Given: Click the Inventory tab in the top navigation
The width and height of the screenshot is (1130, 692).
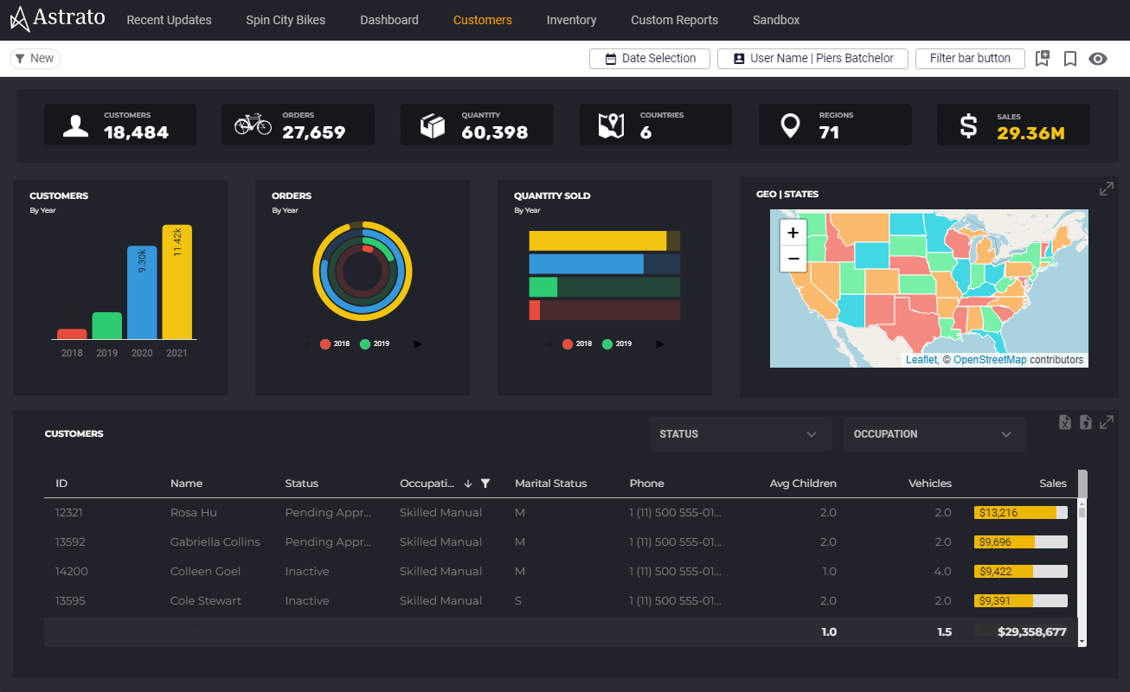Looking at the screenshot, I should pyautogui.click(x=571, y=20).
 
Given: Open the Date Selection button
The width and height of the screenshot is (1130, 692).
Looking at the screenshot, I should pyautogui.click(x=649, y=58).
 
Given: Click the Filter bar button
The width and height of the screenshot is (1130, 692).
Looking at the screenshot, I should pyautogui.click(x=969, y=58).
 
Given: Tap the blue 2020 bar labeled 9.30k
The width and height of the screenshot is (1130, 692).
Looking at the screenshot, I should pyautogui.click(x=142, y=292).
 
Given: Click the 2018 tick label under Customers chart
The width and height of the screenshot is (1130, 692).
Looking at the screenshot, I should pyautogui.click(x=72, y=353).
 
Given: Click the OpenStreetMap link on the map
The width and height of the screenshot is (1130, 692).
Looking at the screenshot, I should pyautogui.click(x=990, y=360).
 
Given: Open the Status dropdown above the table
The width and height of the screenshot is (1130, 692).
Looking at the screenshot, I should pyautogui.click(x=740, y=434).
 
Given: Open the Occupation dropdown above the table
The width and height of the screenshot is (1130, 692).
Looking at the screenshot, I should pyautogui.click(x=934, y=434).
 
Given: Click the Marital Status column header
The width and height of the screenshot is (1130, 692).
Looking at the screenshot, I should pyautogui.click(x=550, y=484).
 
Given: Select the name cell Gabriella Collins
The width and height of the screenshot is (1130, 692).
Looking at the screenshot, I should pyautogui.click(x=215, y=542).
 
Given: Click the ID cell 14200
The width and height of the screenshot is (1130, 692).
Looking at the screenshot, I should pyautogui.click(x=71, y=572).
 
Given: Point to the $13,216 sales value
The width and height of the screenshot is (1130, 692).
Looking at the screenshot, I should pyautogui.click(x=998, y=513).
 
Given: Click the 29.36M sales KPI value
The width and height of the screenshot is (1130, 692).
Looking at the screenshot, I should pyautogui.click(x=1030, y=133).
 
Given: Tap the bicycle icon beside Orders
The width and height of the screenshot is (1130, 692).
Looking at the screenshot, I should pyautogui.click(x=253, y=125).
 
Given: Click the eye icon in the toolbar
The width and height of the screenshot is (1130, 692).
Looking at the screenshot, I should pyautogui.click(x=1098, y=59).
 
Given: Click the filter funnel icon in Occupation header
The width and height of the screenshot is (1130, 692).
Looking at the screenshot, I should pyautogui.click(x=485, y=484).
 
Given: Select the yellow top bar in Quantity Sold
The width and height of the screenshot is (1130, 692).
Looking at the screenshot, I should pyautogui.click(x=598, y=241).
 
